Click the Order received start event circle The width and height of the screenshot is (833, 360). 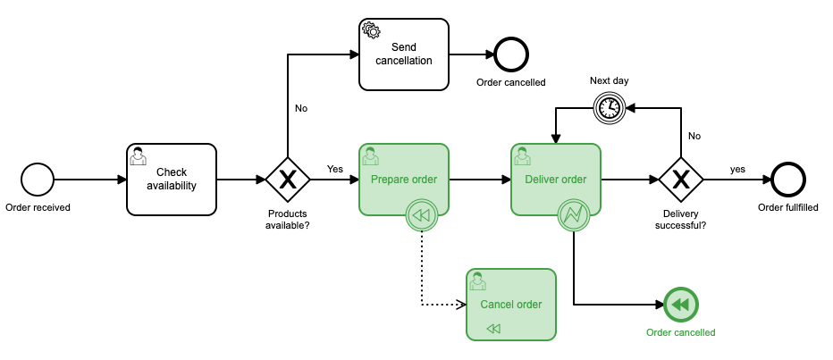38,180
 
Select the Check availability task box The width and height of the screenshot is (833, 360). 172,180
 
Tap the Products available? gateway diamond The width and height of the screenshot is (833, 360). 288,180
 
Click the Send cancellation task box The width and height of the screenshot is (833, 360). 404,54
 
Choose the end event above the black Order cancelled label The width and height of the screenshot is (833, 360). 511,54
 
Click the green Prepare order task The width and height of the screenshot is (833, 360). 404,180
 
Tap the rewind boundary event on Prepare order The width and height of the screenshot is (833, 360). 422,215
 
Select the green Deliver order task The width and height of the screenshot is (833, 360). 556,180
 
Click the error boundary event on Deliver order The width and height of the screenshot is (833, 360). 573,215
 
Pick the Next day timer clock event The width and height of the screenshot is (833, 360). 610,108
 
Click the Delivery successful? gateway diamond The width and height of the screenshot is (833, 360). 681,180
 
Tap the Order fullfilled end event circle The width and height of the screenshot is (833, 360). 788,180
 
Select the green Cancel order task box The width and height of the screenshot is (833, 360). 511,305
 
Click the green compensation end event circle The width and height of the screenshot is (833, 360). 681,305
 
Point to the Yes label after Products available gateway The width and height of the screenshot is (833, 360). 335,168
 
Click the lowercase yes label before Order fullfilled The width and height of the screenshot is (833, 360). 737,168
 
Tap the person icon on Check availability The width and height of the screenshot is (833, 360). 139,157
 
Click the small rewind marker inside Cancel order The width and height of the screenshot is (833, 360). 494,329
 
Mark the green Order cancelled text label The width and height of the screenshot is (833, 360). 681,332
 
